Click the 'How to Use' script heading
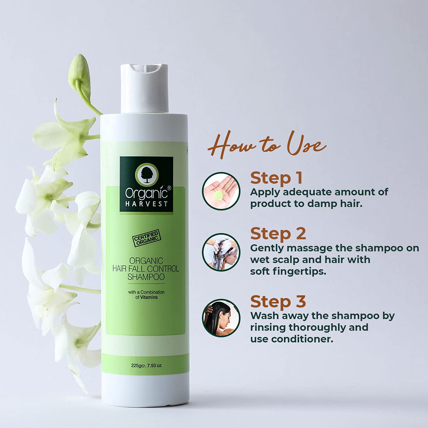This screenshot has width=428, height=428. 267,145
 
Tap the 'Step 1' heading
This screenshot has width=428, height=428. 276,178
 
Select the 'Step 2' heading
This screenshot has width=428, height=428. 278,234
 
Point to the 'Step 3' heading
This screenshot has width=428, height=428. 278,301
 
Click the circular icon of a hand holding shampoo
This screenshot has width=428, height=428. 221,191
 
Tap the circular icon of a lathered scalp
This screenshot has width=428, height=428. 221,252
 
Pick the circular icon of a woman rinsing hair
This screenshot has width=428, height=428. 221,318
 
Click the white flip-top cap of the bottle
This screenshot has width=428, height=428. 144,88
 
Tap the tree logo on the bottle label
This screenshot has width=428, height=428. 147,174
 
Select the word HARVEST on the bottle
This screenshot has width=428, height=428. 146,204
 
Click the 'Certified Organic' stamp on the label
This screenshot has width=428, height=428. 147,238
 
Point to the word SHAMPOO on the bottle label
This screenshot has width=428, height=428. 146,277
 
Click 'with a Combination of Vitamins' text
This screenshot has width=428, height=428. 146,295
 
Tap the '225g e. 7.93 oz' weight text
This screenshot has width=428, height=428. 146,365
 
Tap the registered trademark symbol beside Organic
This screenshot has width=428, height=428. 169,188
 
